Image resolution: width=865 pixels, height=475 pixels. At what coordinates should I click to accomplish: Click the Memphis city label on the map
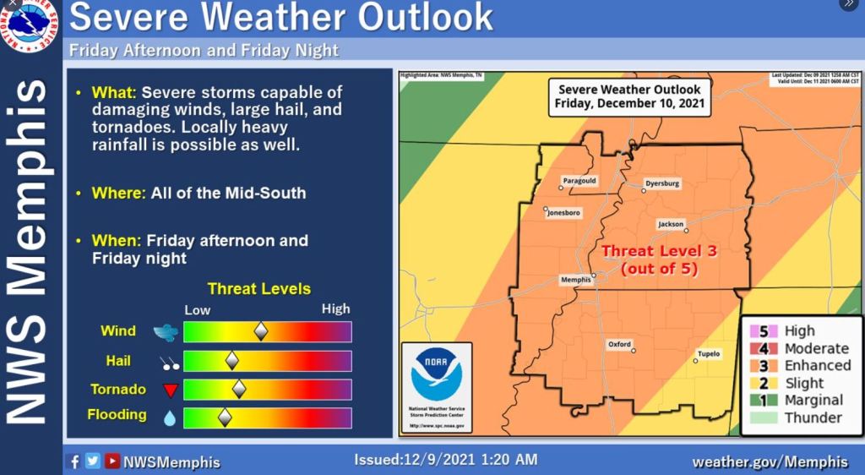tap(575, 279)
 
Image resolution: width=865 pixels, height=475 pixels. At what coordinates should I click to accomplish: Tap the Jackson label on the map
tap(670, 224)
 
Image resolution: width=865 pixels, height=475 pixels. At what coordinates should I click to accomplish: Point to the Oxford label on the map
tap(619, 344)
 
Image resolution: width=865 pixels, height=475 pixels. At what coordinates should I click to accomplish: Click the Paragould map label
tap(579, 180)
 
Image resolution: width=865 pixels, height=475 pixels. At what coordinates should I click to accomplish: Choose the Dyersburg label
tap(661, 183)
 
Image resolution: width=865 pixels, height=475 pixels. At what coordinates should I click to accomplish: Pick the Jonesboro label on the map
tap(563, 213)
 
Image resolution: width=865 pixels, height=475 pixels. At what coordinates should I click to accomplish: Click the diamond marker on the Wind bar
tap(261, 331)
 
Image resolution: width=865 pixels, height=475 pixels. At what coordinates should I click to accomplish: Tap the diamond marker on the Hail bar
tap(231, 361)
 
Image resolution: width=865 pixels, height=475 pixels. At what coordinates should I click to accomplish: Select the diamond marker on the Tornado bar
tap(239, 389)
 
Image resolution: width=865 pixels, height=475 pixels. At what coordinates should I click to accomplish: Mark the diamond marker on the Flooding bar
tap(225, 417)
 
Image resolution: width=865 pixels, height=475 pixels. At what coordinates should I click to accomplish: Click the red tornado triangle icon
tap(169, 390)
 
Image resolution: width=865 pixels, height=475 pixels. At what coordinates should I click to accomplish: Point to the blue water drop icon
tap(169, 417)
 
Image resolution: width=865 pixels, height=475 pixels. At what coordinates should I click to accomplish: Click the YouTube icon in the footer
tap(112, 461)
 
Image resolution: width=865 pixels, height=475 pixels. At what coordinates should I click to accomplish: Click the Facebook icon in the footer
tap(73, 461)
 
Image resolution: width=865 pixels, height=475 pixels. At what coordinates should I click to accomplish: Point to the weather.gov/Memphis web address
tap(770, 461)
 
